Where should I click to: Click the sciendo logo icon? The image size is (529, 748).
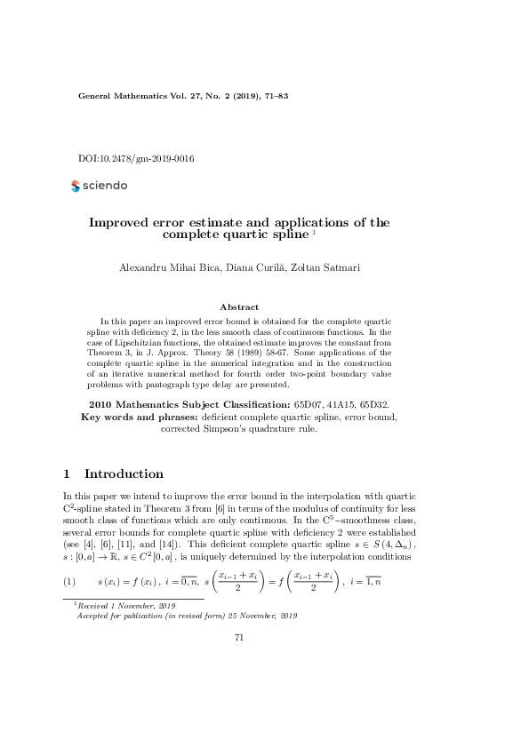(x=75, y=186)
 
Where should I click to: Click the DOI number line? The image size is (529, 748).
(x=136, y=159)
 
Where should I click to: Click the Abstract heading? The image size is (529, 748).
(x=238, y=306)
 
